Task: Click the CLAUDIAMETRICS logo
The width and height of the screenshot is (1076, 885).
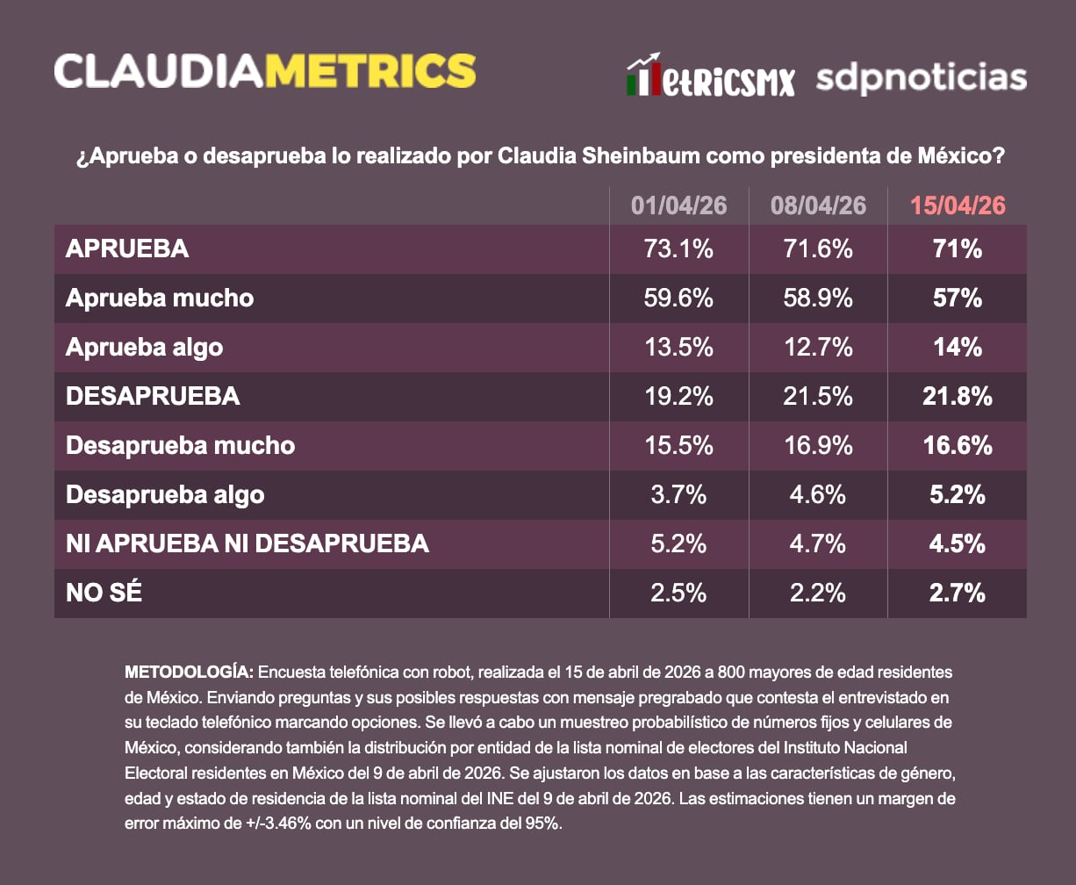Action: click(x=265, y=70)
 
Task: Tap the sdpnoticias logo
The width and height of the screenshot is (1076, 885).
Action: click(x=921, y=77)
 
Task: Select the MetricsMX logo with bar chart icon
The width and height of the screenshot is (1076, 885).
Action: click(x=710, y=77)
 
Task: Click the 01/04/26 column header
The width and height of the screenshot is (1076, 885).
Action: click(x=678, y=205)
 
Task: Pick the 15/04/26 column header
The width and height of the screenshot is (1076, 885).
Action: click(x=958, y=205)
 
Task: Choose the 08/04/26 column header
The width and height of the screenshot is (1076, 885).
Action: click(x=818, y=205)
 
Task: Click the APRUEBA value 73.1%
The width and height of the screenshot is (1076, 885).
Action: click(x=678, y=248)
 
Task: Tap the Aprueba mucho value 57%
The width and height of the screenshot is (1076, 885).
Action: click(x=958, y=298)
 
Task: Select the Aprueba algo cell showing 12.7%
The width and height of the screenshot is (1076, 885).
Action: click(x=818, y=347)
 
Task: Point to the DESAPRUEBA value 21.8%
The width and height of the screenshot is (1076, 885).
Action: click(x=958, y=396)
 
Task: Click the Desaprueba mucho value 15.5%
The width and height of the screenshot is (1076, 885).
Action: click(x=678, y=445)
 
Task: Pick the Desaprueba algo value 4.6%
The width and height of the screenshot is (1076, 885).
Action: click(x=818, y=494)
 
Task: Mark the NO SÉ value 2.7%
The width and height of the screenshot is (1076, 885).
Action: click(x=958, y=593)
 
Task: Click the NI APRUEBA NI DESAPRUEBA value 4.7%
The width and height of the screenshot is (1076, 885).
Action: click(x=818, y=543)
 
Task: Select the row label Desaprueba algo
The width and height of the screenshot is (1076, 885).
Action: click(x=165, y=494)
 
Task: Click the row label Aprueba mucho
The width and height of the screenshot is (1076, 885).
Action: click(x=160, y=298)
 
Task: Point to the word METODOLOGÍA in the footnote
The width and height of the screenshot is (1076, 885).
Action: click(x=189, y=672)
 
